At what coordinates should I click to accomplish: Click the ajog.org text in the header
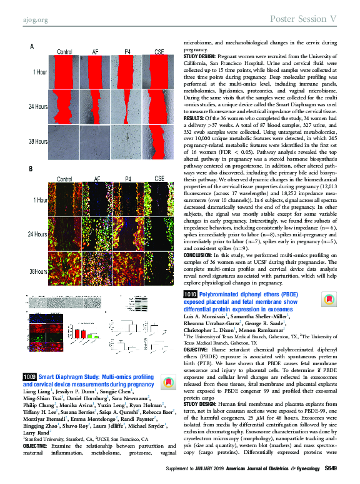pyautogui.click(x=31, y=19)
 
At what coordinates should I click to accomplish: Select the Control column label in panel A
pyautogui.click(x=64, y=51)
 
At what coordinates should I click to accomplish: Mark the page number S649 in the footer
pyautogui.click(x=332, y=470)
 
